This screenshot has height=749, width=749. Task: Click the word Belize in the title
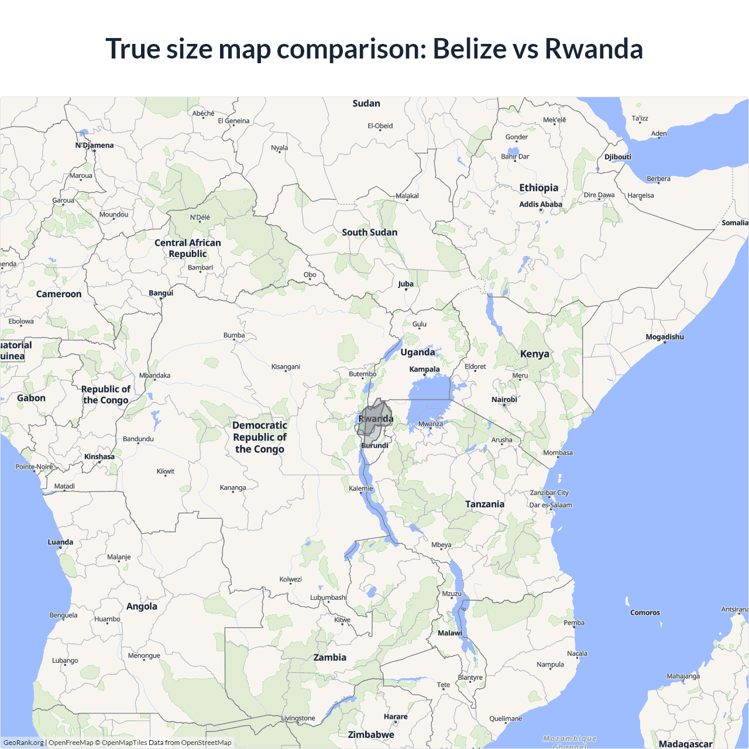tap(469, 49)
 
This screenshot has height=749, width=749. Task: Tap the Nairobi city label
tap(504, 400)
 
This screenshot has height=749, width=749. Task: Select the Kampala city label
tap(424, 369)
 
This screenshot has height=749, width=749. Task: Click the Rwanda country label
tap(376, 419)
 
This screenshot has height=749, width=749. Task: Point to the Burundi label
tap(375, 446)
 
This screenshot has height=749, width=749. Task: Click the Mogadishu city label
tap(664, 337)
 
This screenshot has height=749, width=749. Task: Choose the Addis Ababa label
tap(540, 204)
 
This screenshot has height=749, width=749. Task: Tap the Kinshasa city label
tap(99, 456)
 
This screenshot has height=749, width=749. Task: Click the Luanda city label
tap(60, 542)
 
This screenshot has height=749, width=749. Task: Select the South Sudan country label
tap(369, 232)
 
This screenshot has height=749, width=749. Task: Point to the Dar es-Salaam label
tap(551, 505)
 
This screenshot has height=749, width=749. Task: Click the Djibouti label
tap(617, 157)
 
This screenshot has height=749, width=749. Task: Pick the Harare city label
tap(396, 716)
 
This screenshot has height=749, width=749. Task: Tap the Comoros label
tap(645, 613)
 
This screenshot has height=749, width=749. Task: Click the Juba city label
tap(406, 284)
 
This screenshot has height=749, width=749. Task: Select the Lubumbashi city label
tap(328, 597)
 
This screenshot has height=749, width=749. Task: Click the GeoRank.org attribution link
tap(23, 743)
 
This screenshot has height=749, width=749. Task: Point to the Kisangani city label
tap(286, 367)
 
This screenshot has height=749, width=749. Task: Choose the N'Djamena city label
tap(94, 145)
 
